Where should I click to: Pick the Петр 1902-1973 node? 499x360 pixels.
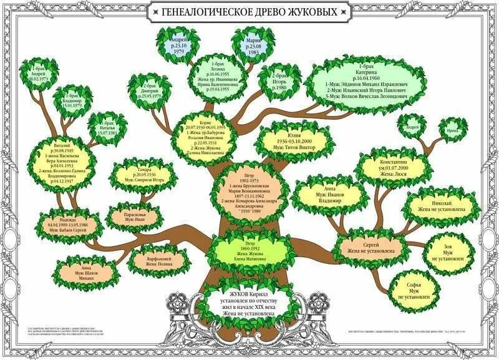point(249,190)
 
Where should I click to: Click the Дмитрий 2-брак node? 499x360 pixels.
point(148,92)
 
